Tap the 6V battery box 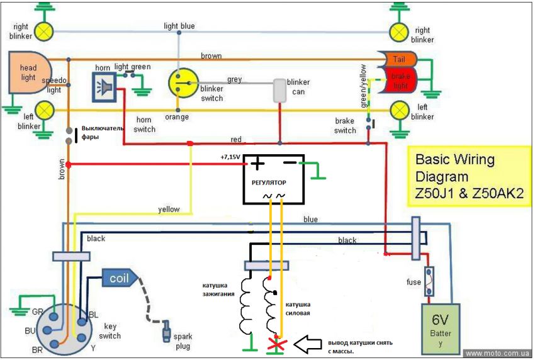pyautogui.click(x=441, y=325)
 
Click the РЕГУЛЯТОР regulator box pyautogui.click(x=273, y=179)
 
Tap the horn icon pyautogui.click(x=104, y=85)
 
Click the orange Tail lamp pyautogui.click(x=397, y=59)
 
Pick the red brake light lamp pyautogui.click(x=397, y=81)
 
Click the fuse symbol pyautogui.click(x=431, y=281)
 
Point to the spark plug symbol pyautogui.click(x=167, y=329)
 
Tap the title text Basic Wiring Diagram pyautogui.click(x=468, y=177)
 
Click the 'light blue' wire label pyautogui.click(x=179, y=26)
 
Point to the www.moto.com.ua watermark pyautogui.click(x=498, y=354)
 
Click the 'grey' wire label pyautogui.click(x=235, y=80)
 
